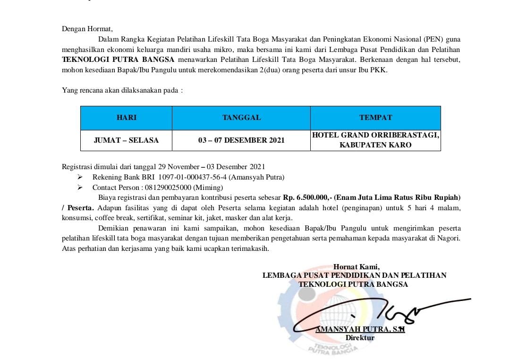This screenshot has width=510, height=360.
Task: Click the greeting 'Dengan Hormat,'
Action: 87,29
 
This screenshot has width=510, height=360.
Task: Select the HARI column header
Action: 126,118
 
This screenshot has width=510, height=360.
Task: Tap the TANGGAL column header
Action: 241,118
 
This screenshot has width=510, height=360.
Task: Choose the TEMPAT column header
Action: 375,118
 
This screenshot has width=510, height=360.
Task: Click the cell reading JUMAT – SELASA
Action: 126,140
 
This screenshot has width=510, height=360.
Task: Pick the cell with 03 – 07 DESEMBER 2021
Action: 241,140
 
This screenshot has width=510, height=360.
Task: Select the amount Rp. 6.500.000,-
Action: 307,197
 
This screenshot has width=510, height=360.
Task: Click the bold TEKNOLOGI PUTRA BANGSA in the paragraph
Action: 118,60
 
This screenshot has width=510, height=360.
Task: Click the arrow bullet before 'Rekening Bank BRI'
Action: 80,177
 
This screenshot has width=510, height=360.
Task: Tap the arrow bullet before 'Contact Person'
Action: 80,188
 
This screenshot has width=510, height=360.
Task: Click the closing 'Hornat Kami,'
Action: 356,267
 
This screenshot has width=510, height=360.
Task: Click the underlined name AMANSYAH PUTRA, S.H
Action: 360,329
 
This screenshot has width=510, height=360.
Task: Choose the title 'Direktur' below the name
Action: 360,338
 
